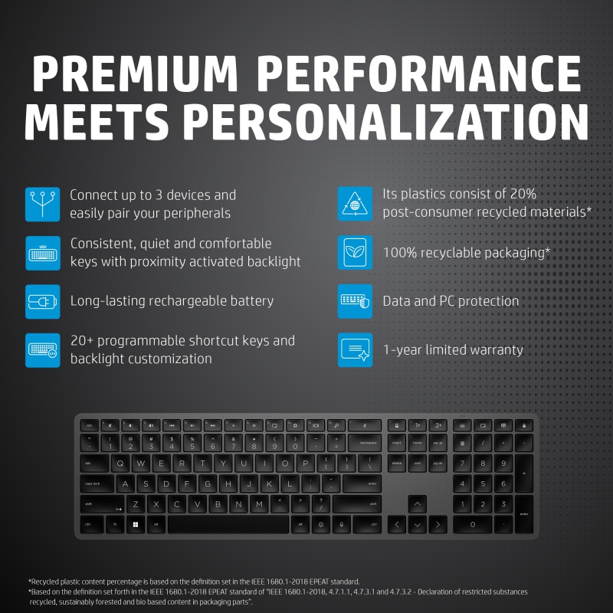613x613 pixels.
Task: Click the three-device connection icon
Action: [x=42, y=204]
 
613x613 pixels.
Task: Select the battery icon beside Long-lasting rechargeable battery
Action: [x=42, y=301]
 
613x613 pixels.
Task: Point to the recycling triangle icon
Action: [x=356, y=204]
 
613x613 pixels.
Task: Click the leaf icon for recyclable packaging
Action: [x=356, y=252]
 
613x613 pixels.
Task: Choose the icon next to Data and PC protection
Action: [x=356, y=301]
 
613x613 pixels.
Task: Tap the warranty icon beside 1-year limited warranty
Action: [x=356, y=350]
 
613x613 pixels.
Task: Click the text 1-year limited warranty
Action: [x=453, y=350]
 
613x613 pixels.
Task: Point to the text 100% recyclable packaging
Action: [x=467, y=252]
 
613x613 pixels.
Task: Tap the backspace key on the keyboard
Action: [x=364, y=443]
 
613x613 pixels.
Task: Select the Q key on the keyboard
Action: [x=121, y=464]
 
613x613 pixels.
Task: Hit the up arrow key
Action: [x=417, y=504]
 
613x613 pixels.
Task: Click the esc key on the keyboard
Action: [x=90, y=425]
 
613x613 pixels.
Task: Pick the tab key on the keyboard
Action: [x=93, y=464]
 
